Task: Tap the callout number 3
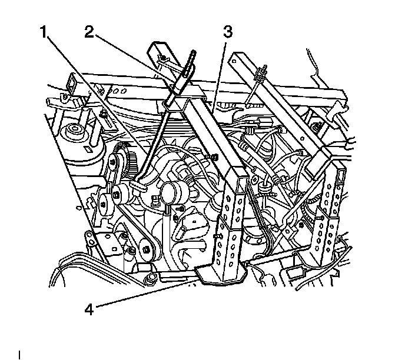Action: tap(228, 32)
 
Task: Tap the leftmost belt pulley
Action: tap(107, 202)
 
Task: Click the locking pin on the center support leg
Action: tap(217, 237)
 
